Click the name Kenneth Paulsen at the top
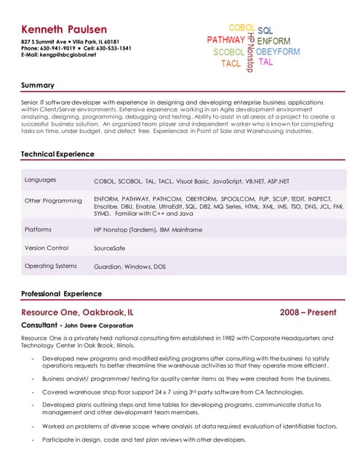(64, 29)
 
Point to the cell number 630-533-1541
(113, 48)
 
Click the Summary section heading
(38, 86)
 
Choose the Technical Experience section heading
(57, 154)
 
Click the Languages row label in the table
(41, 179)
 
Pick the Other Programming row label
(53, 201)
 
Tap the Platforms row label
(38, 229)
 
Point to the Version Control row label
(47, 248)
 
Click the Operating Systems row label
(50, 266)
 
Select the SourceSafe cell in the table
(110, 248)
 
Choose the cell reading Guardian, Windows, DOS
(129, 267)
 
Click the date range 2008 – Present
(308, 312)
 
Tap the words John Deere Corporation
(97, 326)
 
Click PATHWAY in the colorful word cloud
(225, 40)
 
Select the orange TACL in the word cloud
(231, 64)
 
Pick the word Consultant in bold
(39, 325)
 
